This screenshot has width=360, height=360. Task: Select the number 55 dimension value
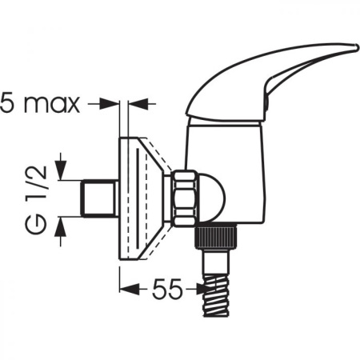tap(167, 289)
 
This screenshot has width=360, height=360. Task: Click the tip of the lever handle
tap(356, 47)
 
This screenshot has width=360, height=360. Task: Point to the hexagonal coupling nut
tap(186, 198)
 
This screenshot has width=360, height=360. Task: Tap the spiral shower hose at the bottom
tap(216, 295)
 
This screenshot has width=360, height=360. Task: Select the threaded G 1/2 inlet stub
tap(98, 198)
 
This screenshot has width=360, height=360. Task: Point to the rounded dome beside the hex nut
tap(213, 198)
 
